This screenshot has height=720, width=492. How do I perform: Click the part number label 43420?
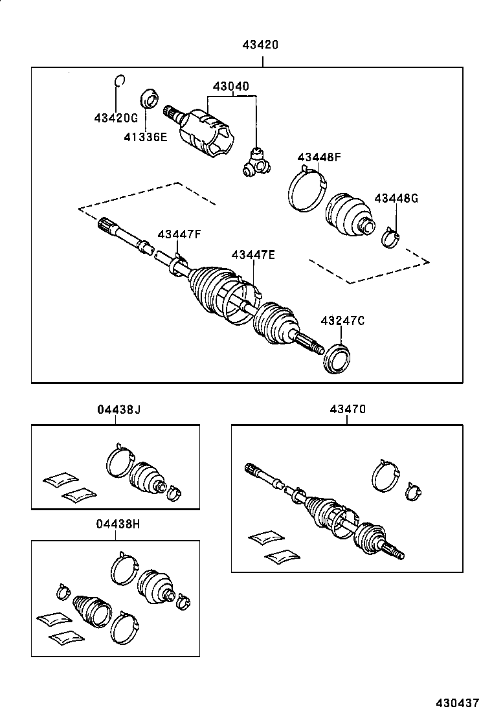pyautogui.click(x=261, y=45)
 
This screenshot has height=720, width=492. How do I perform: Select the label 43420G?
pyautogui.click(x=116, y=118)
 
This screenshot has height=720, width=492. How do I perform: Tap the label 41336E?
pyautogui.click(x=146, y=137)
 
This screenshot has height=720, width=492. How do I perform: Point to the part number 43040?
pyautogui.click(x=231, y=87)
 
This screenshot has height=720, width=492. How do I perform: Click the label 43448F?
pyautogui.click(x=319, y=157)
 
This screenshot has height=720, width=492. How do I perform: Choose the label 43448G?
pyautogui.click(x=396, y=199)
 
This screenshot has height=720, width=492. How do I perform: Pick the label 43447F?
pyautogui.click(x=179, y=234)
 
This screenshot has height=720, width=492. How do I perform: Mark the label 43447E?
pyautogui.click(x=253, y=255)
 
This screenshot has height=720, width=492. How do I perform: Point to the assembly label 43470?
pyautogui.click(x=347, y=409)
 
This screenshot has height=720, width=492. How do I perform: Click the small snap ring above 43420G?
pyautogui.click(x=118, y=80)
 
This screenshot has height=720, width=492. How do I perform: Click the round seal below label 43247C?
pyautogui.click(x=337, y=359)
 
